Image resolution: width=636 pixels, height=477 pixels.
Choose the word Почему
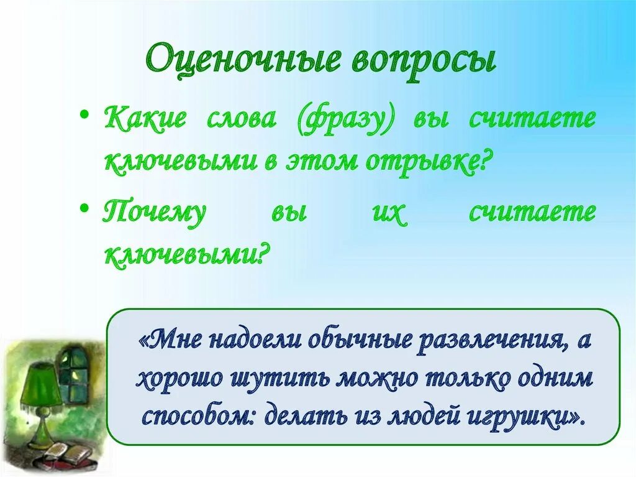(154, 213)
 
